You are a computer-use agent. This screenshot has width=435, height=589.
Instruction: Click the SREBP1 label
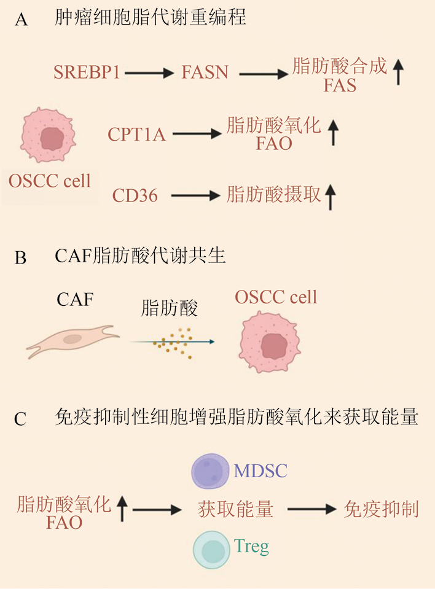click(87, 72)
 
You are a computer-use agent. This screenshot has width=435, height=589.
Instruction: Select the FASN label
click(205, 72)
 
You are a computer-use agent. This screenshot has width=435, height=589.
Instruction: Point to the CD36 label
click(135, 196)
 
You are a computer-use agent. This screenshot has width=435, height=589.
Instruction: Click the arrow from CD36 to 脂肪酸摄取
click(195, 196)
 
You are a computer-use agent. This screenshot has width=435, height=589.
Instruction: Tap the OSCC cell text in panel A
click(50, 181)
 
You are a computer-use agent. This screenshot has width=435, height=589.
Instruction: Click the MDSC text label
click(261, 472)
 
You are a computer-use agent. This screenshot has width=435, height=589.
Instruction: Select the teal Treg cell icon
click(212, 549)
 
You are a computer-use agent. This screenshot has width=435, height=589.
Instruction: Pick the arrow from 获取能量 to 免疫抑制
click(311, 509)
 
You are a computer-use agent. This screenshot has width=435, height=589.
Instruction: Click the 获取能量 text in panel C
click(235, 509)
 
